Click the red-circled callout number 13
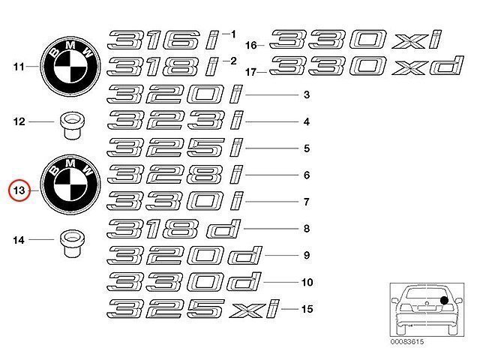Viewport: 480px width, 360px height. (19, 191)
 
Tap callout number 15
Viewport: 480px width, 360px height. (306, 308)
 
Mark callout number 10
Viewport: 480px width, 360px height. (306, 283)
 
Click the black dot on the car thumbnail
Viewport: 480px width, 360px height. (443, 301)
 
